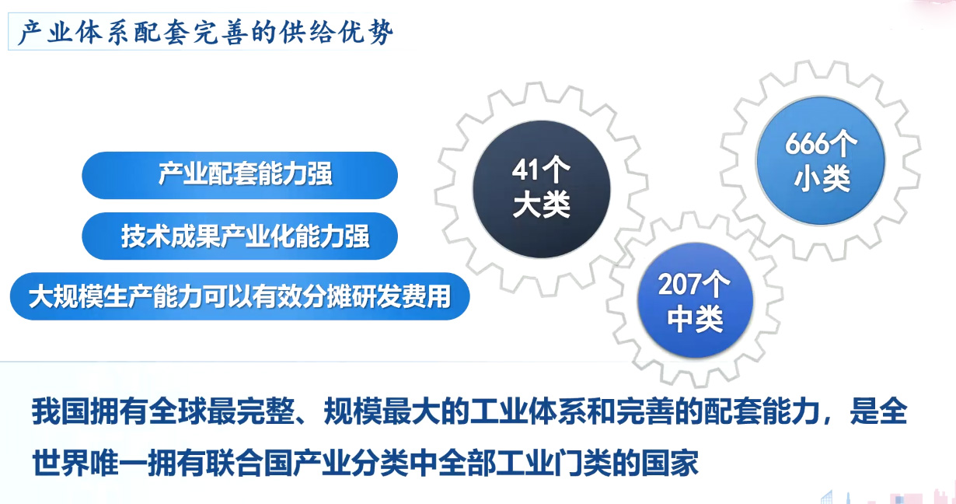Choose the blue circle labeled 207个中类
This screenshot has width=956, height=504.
click(695, 303)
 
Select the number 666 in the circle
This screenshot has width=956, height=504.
click(805, 145)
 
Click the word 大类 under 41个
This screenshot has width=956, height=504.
click(541, 206)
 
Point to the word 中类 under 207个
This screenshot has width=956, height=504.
click(695, 320)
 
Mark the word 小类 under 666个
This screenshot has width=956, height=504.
click(822, 180)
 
